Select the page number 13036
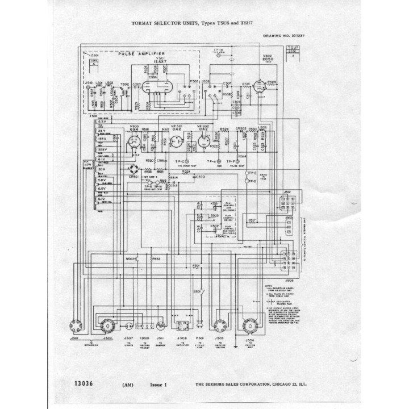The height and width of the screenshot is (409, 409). point(85,383)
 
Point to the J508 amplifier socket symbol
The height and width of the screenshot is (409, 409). point(183,326)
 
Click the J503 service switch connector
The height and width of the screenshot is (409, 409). point(220,325)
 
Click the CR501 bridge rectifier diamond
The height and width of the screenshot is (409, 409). point(134,170)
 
